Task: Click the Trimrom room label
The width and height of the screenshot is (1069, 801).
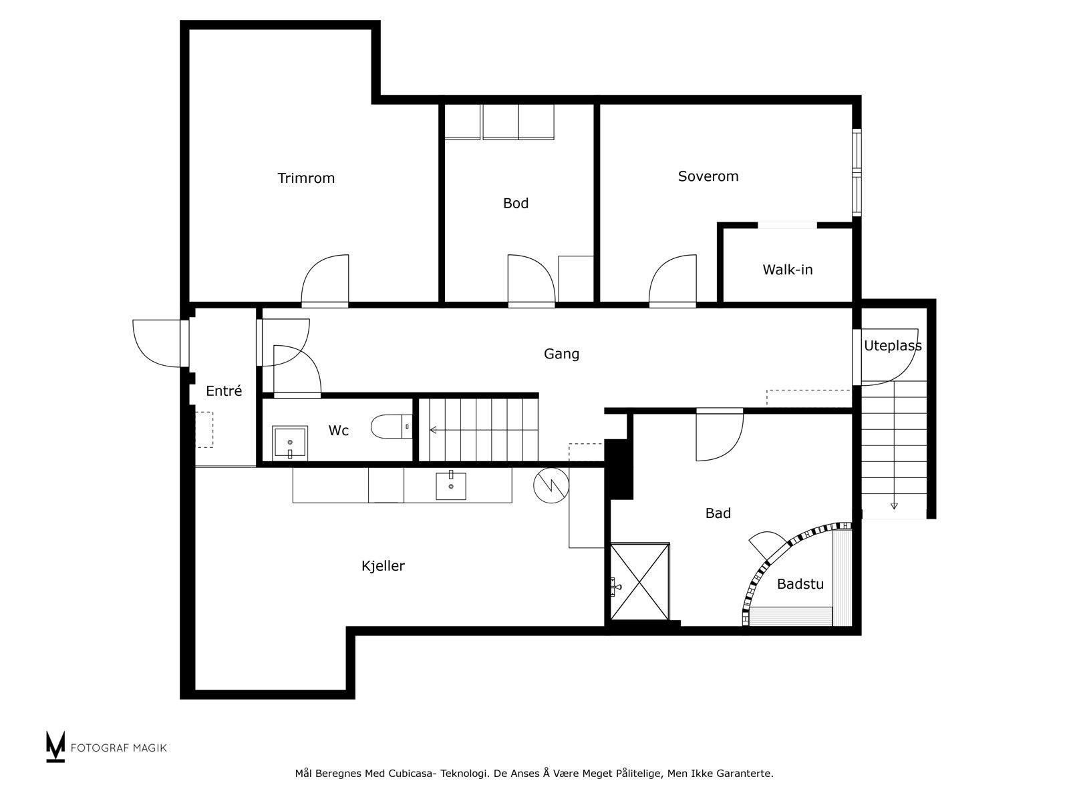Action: click(x=306, y=178)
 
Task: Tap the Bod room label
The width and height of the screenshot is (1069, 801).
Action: click(x=515, y=203)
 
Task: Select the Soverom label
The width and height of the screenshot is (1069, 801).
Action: click(x=708, y=176)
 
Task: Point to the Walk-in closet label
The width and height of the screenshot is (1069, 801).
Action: click(x=787, y=270)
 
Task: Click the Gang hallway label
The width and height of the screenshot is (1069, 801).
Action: click(x=561, y=354)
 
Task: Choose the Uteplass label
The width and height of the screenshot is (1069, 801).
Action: click(x=892, y=346)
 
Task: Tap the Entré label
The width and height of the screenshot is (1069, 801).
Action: click(x=224, y=390)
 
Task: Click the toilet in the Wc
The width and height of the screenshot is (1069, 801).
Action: click(x=391, y=427)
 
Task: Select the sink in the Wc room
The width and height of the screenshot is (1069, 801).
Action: click(x=290, y=443)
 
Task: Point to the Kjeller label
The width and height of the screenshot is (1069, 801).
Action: click(x=383, y=565)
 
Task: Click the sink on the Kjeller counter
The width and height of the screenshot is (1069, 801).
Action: click(x=450, y=485)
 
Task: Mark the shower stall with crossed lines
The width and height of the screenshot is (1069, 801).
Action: click(x=639, y=581)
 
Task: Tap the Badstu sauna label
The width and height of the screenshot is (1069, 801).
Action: click(x=800, y=583)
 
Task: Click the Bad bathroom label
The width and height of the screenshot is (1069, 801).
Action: click(x=718, y=513)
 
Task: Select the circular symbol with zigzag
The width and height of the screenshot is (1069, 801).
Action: click(x=551, y=485)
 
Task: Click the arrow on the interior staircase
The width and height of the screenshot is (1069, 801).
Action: click(x=433, y=430)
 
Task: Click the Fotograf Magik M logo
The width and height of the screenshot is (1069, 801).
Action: click(x=55, y=746)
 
